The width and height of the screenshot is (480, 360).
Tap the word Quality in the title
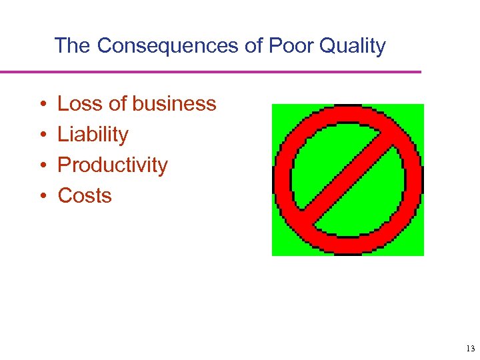coord(353,46)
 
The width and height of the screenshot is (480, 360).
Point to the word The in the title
coord(73,46)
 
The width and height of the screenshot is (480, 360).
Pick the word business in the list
coord(175,104)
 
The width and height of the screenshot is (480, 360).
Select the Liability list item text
coord(93,135)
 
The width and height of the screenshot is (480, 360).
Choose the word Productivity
coord(113,165)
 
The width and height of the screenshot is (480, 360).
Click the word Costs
coord(85,196)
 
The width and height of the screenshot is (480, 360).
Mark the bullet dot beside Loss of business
coord(42,105)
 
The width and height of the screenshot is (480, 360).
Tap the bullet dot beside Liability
coord(42,135)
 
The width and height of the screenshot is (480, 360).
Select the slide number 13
coord(469,349)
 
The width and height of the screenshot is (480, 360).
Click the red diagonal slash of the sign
coord(347,180)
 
